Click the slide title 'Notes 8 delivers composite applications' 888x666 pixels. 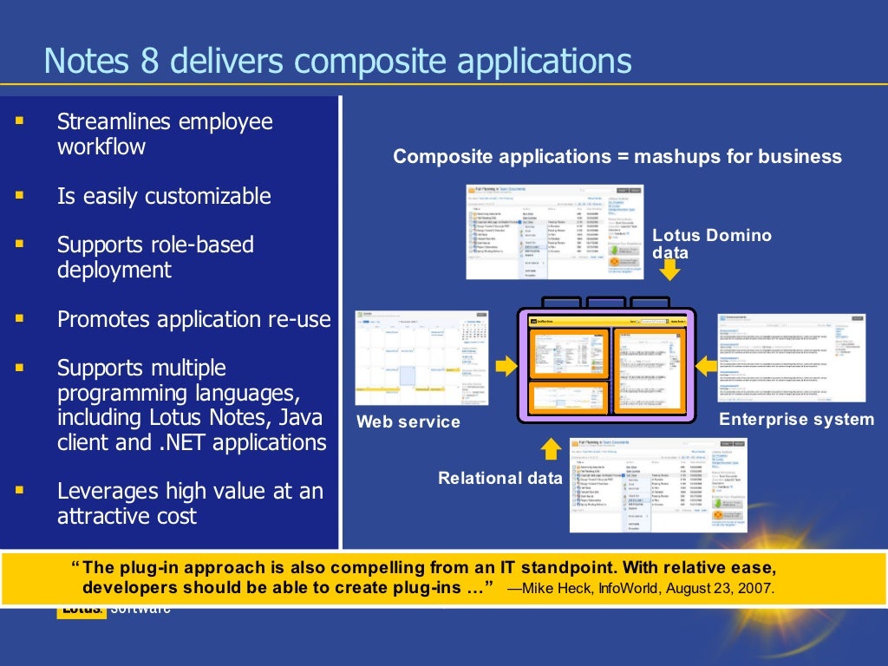[337, 62]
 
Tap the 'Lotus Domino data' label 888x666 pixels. [711, 244]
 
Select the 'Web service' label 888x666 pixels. [408, 422]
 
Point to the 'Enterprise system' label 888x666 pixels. [796, 420]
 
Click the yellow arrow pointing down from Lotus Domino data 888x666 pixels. [669, 272]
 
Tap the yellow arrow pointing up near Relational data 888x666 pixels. [551, 448]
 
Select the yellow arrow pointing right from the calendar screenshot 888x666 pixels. [506, 366]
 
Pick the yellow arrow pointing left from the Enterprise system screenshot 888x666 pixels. [707, 366]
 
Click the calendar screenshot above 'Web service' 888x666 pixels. [422, 357]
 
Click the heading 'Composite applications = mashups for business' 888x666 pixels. [617, 157]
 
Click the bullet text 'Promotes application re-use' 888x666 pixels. [194, 319]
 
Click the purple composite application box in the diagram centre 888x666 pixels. [607, 364]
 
